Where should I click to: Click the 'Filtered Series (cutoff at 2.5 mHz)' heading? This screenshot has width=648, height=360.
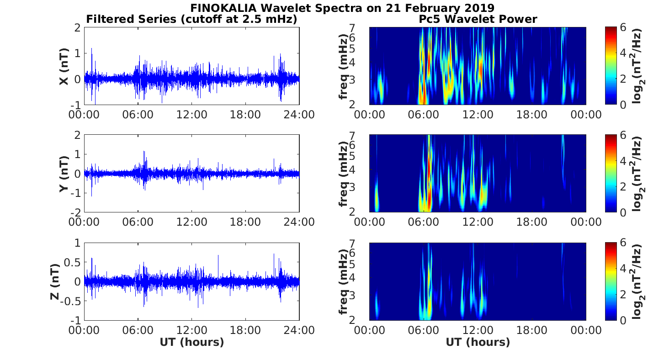pos(191,19)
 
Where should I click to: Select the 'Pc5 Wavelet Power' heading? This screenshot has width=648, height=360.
pos(478,19)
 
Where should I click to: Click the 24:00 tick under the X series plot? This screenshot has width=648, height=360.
pos(299,114)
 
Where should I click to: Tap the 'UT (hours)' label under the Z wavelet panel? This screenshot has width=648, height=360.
pos(478,342)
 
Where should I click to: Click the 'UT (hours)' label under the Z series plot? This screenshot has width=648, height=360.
pos(191,342)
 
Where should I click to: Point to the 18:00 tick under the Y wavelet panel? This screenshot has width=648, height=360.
pos(531,222)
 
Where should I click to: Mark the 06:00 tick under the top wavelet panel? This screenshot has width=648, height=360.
pos(424,114)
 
